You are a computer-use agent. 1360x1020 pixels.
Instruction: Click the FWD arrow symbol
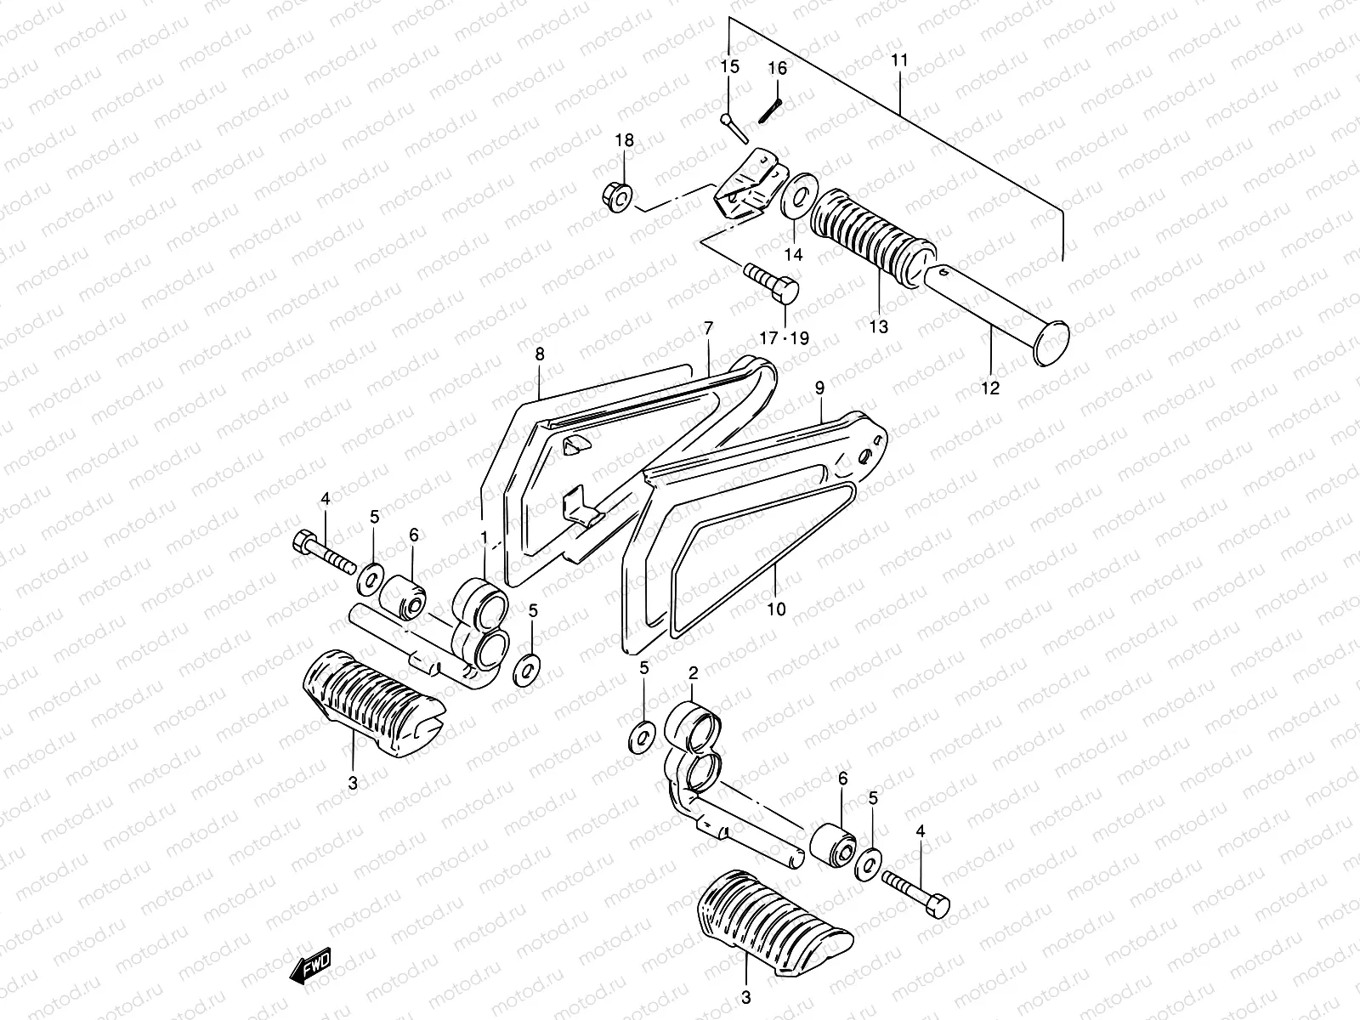(x=310, y=966)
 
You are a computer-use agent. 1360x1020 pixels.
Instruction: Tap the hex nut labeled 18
(x=620, y=196)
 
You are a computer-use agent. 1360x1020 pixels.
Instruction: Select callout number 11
(x=900, y=60)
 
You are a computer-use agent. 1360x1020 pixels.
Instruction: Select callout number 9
(x=819, y=388)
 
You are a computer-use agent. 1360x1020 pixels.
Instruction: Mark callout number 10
(x=776, y=609)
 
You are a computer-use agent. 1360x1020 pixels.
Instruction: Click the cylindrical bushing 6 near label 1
(x=404, y=593)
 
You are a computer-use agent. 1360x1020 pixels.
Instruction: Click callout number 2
(x=693, y=673)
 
